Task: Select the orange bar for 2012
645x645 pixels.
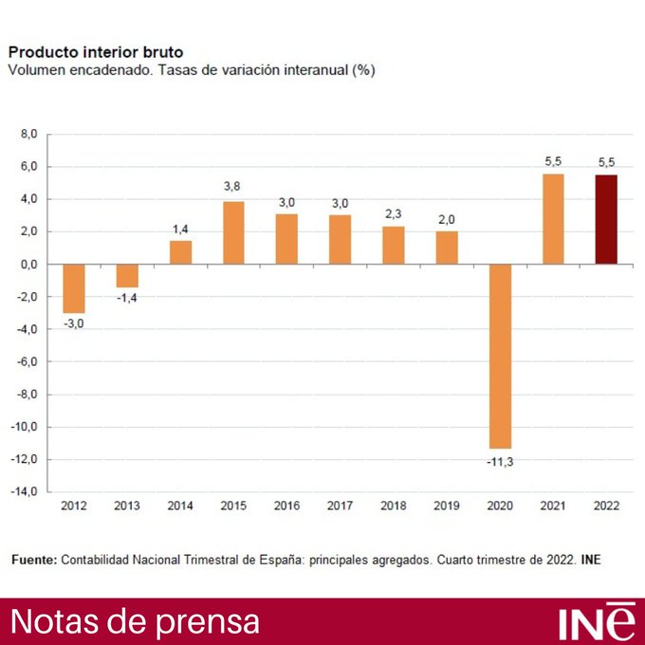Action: (74, 288)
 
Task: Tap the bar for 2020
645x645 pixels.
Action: (500, 356)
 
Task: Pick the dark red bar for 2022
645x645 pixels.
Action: (606, 219)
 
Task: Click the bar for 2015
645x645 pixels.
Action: (233, 232)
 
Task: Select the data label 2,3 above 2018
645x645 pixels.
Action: (394, 213)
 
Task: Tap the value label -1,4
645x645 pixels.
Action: (127, 299)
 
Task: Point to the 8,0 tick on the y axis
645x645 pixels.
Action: (28, 135)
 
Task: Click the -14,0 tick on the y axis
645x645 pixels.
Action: (25, 492)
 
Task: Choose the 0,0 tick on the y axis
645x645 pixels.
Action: (28, 265)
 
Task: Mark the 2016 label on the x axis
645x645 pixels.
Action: (286, 507)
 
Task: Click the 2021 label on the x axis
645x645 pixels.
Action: (553, 507)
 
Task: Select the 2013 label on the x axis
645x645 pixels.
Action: (127, 507)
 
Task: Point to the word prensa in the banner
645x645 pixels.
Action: (210, 622)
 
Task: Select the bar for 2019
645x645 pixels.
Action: (447, 248)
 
